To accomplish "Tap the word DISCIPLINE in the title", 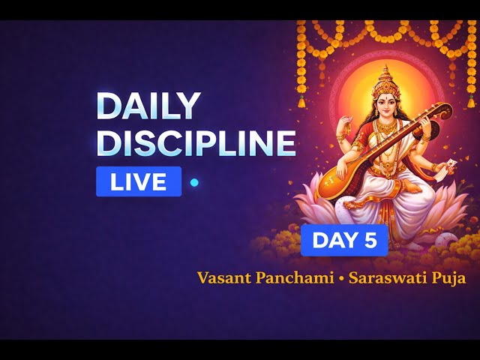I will coord(196,142).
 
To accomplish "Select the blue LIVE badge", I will coord(139,181).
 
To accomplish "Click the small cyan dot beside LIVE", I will coord(194,182).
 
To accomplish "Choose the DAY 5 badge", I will coord(344,241).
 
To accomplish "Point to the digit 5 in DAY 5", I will coord(371,241).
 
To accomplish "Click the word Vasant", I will coord(223,278).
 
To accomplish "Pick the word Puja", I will coord(447,278).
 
